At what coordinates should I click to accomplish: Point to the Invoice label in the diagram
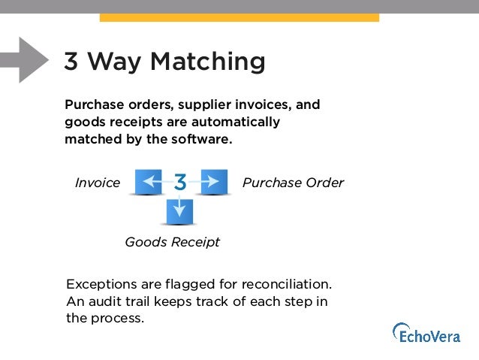(x=98, y=183)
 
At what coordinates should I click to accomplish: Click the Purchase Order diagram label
(x=293, y=183)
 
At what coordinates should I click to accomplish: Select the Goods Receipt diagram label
(x=172, y=242)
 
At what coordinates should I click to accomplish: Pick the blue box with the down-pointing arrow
(x=179, y=212)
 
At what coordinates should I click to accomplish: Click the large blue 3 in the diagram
(x=181, y=182)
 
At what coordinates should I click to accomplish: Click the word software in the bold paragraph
(x=197, y=139)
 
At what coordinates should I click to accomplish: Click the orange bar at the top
(x=239, y=17)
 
